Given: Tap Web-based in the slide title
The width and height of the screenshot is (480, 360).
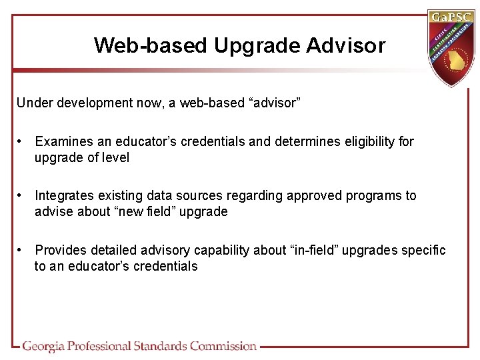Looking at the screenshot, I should click(x=151, y=45).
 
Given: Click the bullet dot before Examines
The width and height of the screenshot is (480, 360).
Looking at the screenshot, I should click(x=22, y=141).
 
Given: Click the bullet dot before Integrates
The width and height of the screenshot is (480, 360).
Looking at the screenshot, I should click(x=22, y=195).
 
